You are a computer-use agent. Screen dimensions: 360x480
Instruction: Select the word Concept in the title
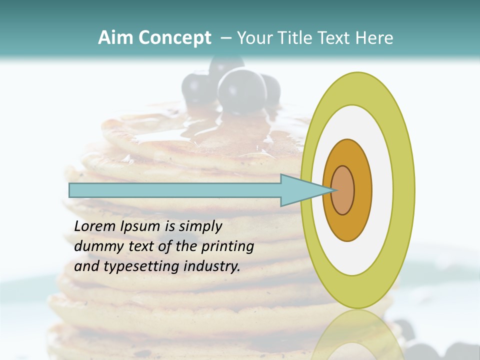point(174,38)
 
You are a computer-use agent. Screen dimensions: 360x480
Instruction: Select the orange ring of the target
point(362,190)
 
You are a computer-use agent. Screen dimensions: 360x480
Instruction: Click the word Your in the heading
point(252,38)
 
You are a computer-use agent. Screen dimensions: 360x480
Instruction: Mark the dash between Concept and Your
point(225,38)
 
